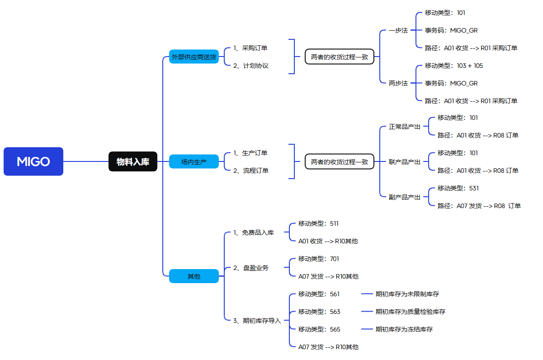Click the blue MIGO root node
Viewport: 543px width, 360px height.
point(33,161)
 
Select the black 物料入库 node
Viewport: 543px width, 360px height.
point(133,161)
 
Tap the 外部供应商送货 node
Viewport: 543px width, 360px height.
point(194,57)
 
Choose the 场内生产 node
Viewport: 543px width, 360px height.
point(194,161)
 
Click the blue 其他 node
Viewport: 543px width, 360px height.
point(194,276)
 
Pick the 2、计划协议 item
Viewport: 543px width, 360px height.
point(251,66)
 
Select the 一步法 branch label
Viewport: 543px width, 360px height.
point(398,31)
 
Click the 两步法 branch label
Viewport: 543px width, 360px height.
point(398,83)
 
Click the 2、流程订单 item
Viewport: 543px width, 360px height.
point(251,171)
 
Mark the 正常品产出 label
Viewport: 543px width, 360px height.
point(405,127)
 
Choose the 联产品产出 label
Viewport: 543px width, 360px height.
point(405,162)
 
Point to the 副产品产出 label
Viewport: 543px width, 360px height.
point(405,197)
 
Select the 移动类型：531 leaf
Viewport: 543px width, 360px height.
point(458,188)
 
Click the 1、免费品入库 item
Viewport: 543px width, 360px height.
point(254,232)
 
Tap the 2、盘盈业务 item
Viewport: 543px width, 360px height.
point(251,268)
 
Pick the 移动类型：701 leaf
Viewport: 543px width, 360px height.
point(318,259)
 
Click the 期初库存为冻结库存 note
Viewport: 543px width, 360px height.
point(404,329)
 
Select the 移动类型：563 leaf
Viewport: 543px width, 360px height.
point(319,312)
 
